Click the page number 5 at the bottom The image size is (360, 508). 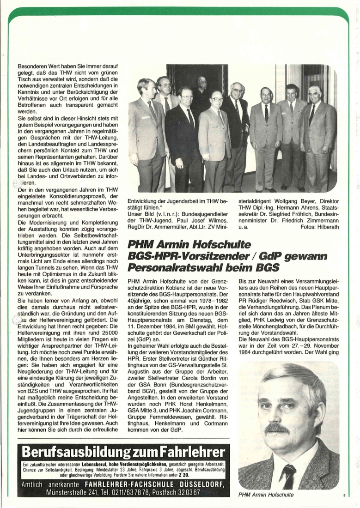pyautogui.click(x=344, y=496)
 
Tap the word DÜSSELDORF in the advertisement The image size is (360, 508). pyautogui.click(x=202, y=484)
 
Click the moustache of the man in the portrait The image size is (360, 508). pyautogui.click(x=277, y=428)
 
